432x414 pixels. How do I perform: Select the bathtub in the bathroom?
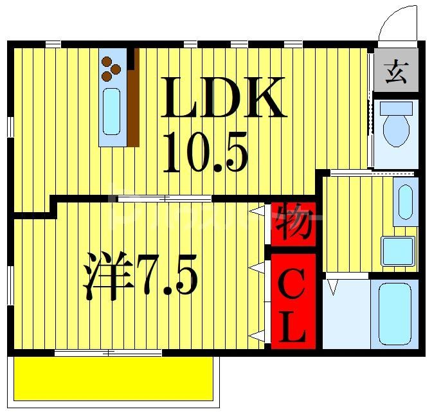tap(394, 312)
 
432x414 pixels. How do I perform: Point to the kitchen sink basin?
tap(112, 111)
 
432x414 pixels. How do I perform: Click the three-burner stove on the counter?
tap(111, 67)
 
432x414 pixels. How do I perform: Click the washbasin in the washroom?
tap(406, 204)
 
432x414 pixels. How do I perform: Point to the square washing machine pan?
tap(398, 251)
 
